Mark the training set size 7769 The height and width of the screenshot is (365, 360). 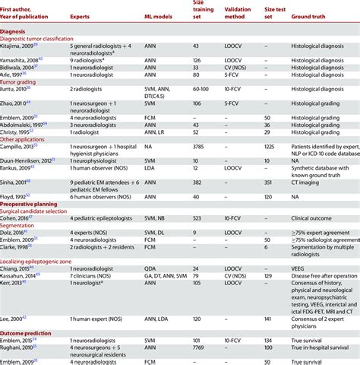[x=197, y=351]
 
